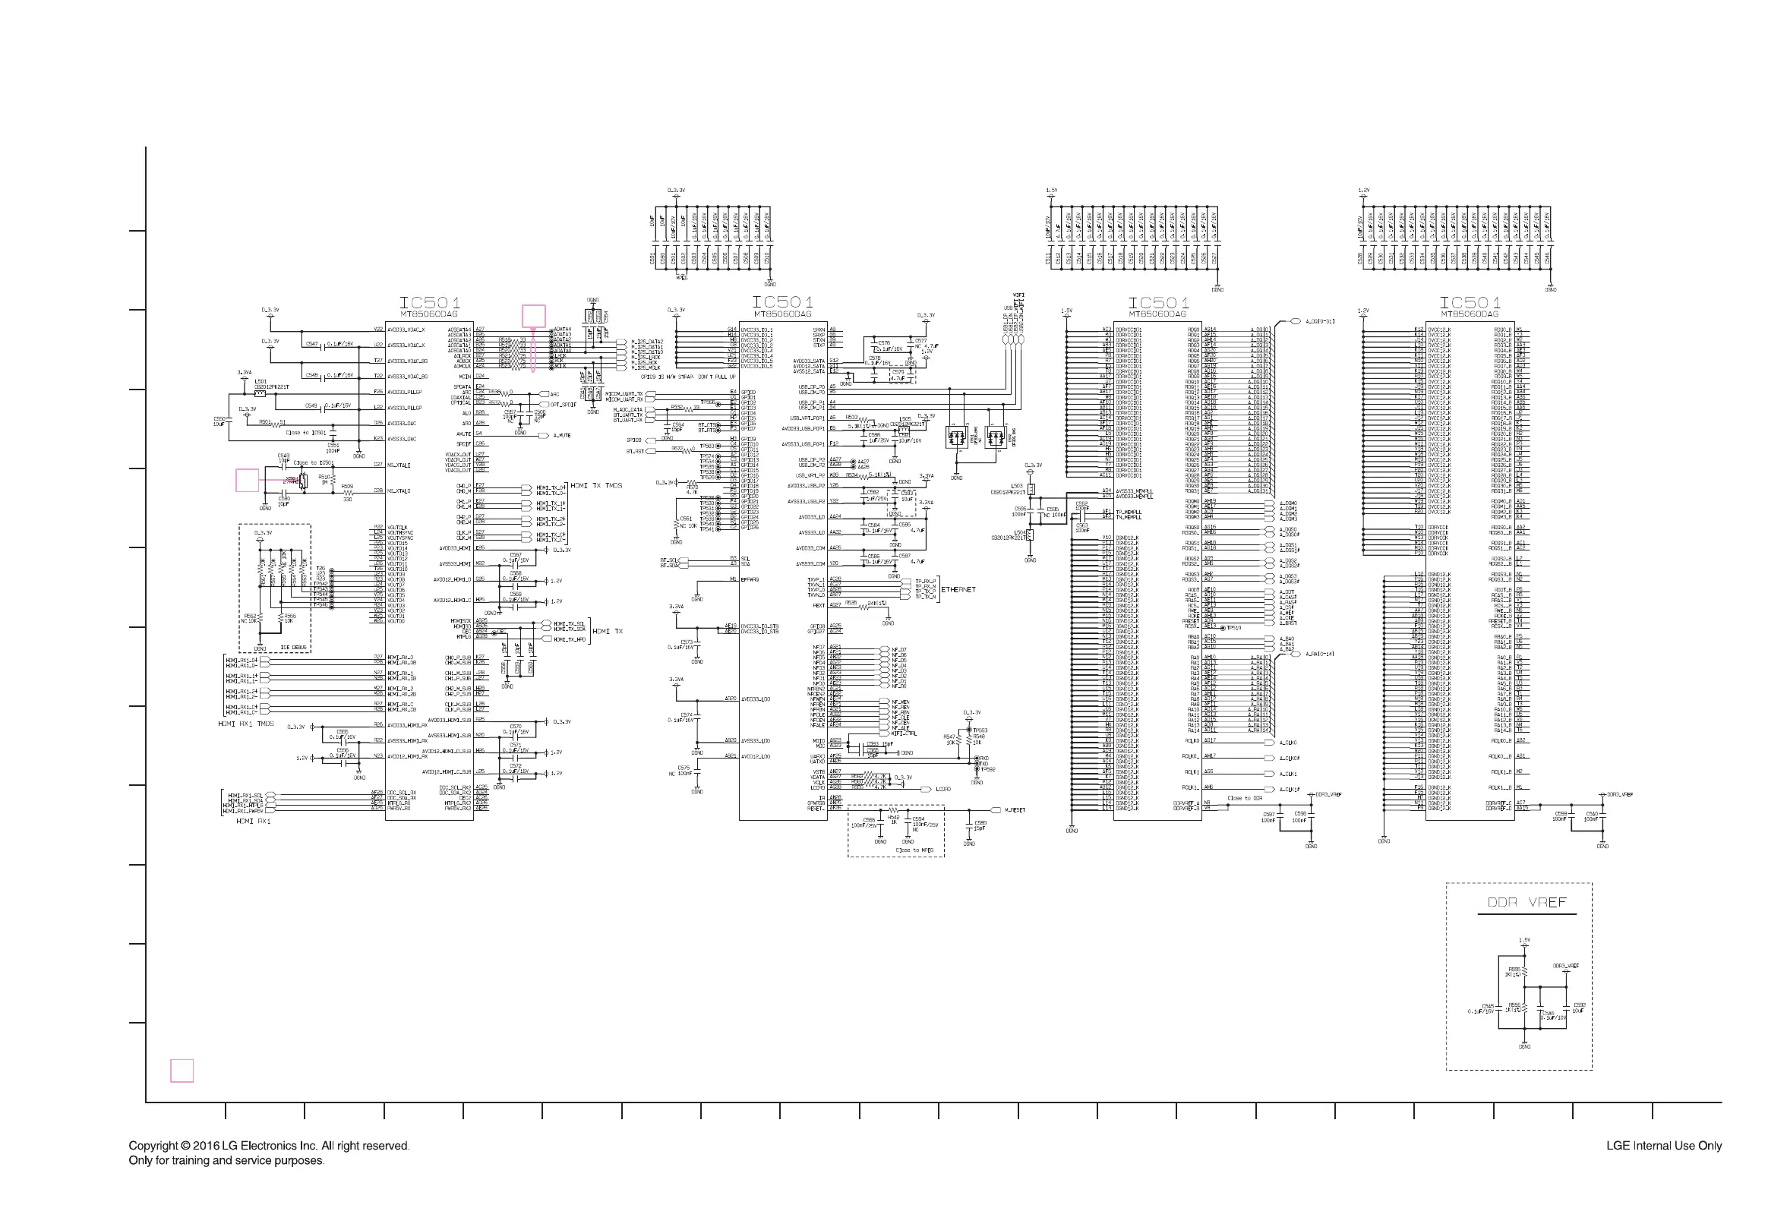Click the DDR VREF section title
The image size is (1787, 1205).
click(x=1526, y=902)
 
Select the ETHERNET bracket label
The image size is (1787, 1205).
click(x=958, y=589)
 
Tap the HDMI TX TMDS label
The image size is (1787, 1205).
click(x=595, y=486)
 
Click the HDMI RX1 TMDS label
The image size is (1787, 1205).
click(x=245, y=724)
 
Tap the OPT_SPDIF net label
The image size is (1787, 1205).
click(x=563, y=404)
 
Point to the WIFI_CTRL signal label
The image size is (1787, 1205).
click(x=904, y=734)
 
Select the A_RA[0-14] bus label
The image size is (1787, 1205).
click(x=1319, y=654)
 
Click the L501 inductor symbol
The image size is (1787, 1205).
click(x=260, y=393)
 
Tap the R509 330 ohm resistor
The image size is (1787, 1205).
click(x=347, y=493)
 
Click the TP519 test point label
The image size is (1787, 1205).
click(x=1233, y=628)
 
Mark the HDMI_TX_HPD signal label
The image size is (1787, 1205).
click(x=569, y=639)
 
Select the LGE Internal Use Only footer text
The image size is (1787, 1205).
click(x=1663, y=1146)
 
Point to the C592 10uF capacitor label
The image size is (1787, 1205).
click(x=1579, y=1007)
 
